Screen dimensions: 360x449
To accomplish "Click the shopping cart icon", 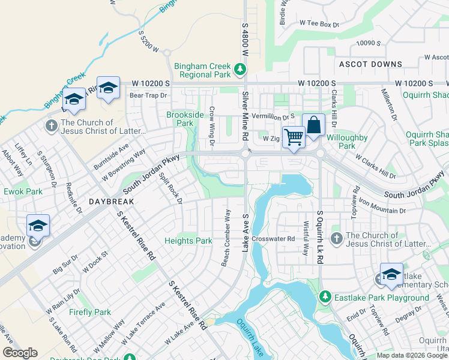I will coord(294,137).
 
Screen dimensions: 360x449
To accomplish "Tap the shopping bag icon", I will coord(313,125).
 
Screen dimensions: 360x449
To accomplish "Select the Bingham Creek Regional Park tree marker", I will coord(240,70).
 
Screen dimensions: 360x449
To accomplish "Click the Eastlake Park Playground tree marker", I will coord(325,297).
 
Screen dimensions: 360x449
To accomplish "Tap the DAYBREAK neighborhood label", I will coord(111,202).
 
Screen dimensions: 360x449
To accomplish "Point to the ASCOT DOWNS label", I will coord(370,64).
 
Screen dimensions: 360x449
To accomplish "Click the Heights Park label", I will coord(188,241).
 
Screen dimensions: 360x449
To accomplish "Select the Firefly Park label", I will coord(89,312).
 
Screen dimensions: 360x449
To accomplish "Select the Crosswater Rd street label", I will coord(274,238).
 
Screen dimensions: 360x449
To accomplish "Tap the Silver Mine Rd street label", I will coord(245,116).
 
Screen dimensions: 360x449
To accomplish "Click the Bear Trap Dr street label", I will coord(148,95).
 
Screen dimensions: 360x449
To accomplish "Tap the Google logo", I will coord(20,353).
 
